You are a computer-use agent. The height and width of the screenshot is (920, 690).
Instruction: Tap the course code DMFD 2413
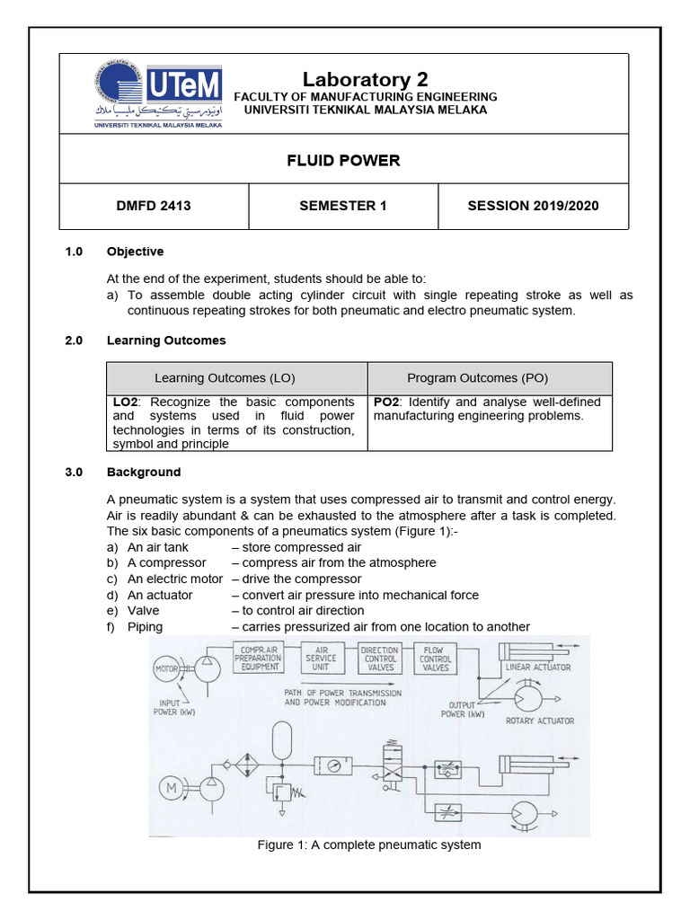[154, 206]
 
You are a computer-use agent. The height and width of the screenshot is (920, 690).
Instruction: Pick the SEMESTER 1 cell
[343, 206]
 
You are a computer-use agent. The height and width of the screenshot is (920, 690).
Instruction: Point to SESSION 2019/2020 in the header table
[533, 206]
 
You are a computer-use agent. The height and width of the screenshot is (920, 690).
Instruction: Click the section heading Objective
[135, 252]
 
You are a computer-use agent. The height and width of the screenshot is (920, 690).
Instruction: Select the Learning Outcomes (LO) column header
[237, 378]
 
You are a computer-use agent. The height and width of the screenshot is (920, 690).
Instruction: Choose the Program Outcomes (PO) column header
[490, 378]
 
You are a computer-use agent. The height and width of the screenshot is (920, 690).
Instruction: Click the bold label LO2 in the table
[125, 402]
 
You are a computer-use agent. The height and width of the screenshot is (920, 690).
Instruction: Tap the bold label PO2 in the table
[386, 402]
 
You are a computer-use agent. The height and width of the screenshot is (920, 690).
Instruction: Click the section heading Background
[144, 472]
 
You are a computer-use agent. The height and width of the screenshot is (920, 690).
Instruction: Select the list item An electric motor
[174, 579]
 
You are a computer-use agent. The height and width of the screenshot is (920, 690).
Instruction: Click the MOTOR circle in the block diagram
[168, 668]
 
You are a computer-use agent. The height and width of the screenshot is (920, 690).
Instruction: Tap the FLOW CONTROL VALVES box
[435, 658]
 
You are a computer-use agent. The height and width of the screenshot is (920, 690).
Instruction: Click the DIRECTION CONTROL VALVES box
[379, 658]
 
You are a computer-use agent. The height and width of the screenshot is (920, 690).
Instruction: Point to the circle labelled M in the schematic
[170, 789]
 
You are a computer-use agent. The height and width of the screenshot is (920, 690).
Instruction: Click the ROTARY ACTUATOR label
[539, 721]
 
